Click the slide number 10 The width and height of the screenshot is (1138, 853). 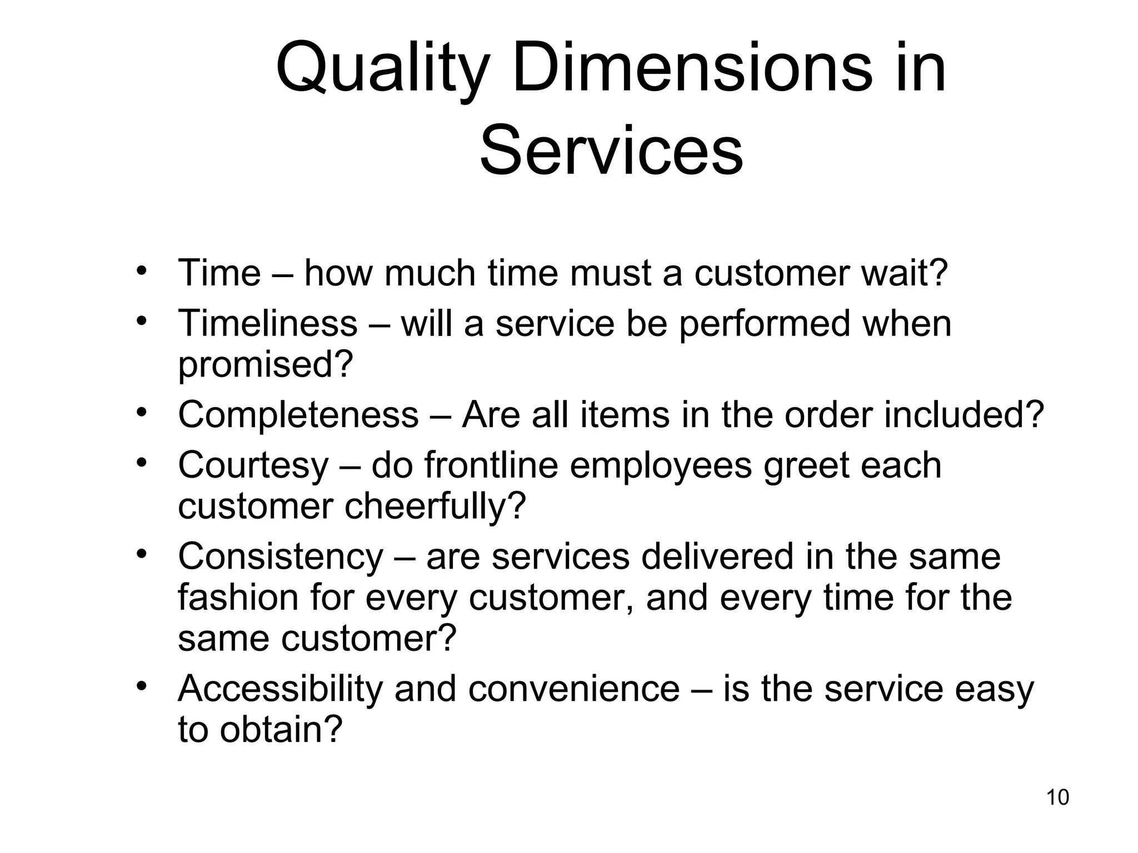click(1057, 797)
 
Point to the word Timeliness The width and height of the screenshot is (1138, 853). click(267, 323)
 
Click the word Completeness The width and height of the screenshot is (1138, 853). click(298, 415)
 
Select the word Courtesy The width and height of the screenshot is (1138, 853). click(253, 465)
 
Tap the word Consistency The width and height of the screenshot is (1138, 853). click(281, 556)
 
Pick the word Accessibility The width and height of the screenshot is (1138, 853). click(280, 689)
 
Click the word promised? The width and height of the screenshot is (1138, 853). click(266, 365)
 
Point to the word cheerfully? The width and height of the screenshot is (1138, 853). click(435, 506)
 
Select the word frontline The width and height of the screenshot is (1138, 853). click(491, 465)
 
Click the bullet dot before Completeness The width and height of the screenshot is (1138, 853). click(142, 412)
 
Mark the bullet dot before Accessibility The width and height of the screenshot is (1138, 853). click(142, 685)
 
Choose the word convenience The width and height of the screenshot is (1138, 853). click(574, 689)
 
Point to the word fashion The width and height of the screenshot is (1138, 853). click(238, 598)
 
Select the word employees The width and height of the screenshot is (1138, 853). click(661, 465)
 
